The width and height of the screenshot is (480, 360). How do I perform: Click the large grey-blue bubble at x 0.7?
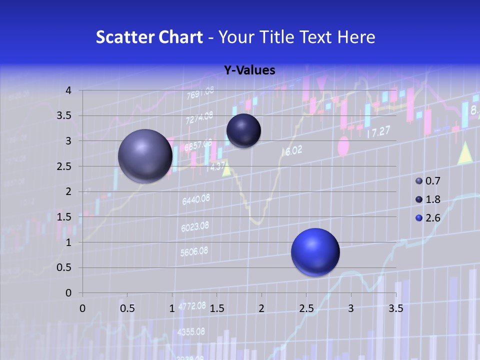[145, 156]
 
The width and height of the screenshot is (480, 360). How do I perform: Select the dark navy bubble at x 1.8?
[243, 130]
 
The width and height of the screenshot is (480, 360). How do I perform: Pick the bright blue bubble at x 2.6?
[315, 252]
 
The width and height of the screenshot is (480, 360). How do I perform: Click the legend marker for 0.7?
[419, 181]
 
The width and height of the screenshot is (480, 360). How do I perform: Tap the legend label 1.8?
[432, 199]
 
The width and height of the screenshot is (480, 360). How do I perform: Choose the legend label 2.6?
[432, 218]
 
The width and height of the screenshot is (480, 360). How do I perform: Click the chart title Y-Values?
[249, 70]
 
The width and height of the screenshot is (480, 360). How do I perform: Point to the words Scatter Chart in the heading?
[149, 37]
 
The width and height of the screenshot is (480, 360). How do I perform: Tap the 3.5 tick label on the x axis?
[395, 308]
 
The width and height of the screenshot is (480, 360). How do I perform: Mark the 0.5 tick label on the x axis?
[127, 308]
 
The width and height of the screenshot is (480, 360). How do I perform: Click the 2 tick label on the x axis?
[261, 308]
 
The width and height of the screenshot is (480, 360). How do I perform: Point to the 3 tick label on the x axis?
[351, 308]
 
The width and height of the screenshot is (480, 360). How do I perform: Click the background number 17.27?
[378, 133]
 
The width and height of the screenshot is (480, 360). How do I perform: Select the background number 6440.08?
[195, 200]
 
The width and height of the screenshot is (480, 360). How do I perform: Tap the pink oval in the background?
[343, 146]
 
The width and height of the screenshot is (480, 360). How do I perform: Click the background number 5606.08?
[193, 251]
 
